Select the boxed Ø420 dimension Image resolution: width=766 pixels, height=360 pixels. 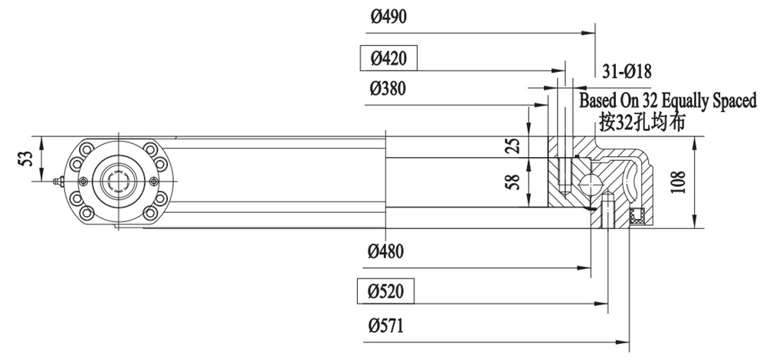pyautogui.click(x=389, y=57)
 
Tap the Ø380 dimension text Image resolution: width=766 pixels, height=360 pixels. pyautogui.click(x=388, y=89)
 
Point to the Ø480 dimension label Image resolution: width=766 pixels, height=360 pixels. pyautogui.click(x=388, y=250)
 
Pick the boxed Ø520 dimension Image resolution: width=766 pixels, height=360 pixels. pyautogui.click(x=388, y=291)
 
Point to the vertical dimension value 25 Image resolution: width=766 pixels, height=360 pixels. pyautogui.click(x=515, y=146)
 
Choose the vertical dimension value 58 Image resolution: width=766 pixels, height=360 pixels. pyautogui.click(x=515, y=183)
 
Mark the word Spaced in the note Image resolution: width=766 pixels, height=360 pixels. pyautogui.click(x=734, y=100)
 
